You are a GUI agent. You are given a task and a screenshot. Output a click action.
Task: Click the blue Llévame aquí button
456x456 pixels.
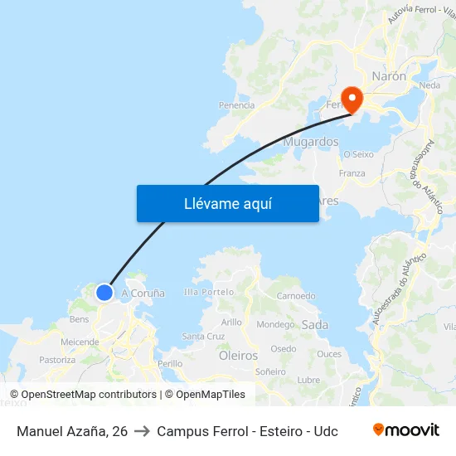[x=227, y=203]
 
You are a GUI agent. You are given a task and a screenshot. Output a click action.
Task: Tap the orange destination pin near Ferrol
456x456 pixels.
[x=352, y=99]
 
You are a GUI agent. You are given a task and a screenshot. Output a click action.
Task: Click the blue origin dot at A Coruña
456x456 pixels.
[x=104, y=292]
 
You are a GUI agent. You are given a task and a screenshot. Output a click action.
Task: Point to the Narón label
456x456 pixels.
[x=389, y=75]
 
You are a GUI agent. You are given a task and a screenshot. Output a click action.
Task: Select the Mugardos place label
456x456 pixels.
[x=311, y=142]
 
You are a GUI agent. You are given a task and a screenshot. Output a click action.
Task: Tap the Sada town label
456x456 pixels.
[x=315, y=325]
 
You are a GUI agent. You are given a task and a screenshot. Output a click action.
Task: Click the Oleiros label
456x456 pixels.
[x=238, y=355]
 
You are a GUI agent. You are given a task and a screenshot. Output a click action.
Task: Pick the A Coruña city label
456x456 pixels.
[x=143, y=293]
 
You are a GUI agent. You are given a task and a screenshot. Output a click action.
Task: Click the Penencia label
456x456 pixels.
[x=236, y=105]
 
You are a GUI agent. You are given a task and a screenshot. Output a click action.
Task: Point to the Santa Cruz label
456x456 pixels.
[x=203, y=336]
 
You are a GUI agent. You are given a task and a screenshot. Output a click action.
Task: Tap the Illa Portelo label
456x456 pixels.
[x=209, y=293]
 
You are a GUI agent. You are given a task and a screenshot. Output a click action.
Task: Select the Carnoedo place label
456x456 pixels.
[x=296, y=296]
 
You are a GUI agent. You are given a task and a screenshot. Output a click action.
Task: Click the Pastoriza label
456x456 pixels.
[x=57, y=360]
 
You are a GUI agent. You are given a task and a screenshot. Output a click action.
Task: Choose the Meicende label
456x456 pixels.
[x=80, y=342]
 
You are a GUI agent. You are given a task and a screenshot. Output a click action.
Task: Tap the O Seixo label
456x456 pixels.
[x=358, y=154]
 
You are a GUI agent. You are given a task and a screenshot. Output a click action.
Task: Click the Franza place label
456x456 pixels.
[x=352, y=173]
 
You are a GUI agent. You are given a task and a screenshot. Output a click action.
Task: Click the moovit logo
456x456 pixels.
[x=405, y=430]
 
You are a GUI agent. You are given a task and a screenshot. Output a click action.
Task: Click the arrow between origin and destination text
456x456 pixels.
[x=142, y=431]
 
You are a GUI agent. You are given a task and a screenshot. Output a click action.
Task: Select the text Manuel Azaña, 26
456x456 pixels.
[x=72, y=431]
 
